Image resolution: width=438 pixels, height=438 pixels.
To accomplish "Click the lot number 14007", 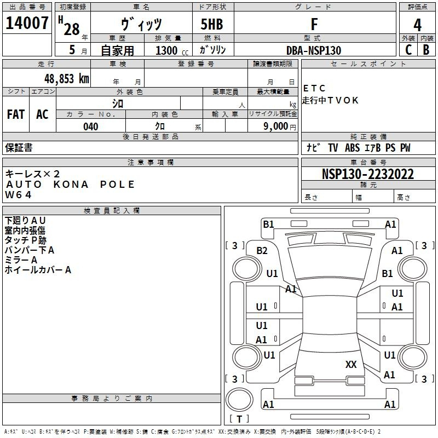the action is tap(27, 23).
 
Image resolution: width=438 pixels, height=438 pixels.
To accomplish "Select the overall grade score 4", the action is tap(417, 25).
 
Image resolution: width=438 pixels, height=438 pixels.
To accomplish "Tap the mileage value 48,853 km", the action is tap(66, 79).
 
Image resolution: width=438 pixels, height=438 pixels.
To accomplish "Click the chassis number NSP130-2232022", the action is tap(367, 174).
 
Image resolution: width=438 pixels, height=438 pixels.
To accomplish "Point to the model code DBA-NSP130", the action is tap(314, 50).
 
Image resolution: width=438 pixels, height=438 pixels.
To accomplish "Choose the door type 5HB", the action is tap(212, 24).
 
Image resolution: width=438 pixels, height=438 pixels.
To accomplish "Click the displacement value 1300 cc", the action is tap(172, 50).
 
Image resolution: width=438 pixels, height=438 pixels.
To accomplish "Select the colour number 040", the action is tap(91, 126).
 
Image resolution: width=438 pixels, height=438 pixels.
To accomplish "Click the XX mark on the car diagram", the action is tap(351, 364).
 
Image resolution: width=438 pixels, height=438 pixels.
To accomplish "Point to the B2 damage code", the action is tap(262, 251).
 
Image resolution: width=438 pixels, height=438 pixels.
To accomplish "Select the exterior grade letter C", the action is tap(408, 50).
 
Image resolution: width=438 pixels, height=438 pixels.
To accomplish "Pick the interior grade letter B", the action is tap(426, 50).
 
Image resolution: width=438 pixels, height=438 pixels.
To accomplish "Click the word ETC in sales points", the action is tap(314, 88).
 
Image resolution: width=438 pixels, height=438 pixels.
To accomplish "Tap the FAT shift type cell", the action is tap(16, 114).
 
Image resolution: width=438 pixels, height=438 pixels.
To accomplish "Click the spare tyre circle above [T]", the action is tap(239, 400).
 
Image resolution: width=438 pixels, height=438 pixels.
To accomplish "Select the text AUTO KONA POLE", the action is tap(71, 185).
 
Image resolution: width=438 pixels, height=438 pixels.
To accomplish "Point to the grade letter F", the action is tap(314, 24).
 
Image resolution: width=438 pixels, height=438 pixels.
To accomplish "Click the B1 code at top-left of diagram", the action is tap(268, 224).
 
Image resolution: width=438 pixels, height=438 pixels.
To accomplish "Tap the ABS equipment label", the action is tap(352, 148).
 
